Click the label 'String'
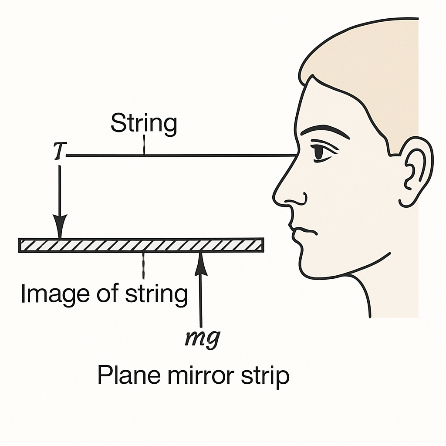[x=144, y=124]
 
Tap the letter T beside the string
[x=60, y=150]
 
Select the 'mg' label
[x=203, y=338]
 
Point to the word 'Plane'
[x=129, y=375]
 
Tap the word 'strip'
[x=265, y=376]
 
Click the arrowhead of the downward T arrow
[x=60, y=226]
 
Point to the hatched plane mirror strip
[x=141, y=245]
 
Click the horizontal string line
[x=182, y=155]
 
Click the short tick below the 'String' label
[x=144, y=145]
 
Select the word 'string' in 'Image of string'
[x=156, y=294]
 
